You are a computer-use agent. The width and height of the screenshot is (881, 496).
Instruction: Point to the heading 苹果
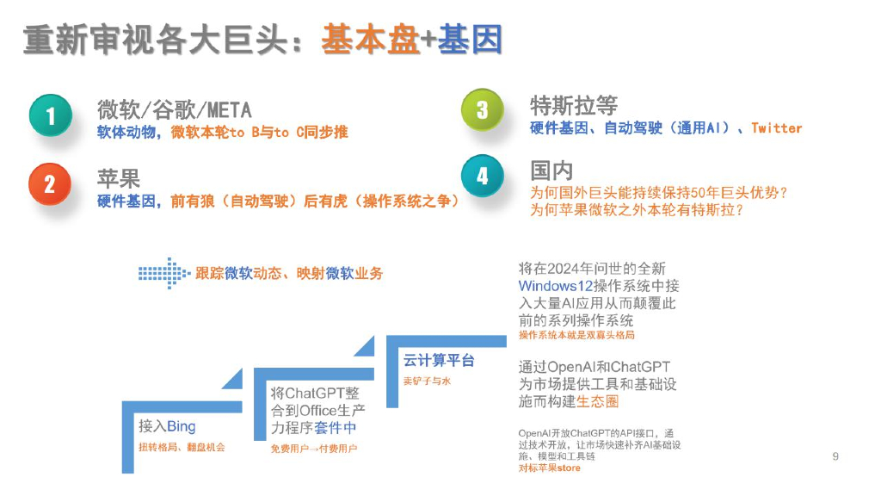pyautogui.click(x=118, y=178)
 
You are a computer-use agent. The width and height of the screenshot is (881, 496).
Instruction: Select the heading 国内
pyautogui.click(x=551, y=170)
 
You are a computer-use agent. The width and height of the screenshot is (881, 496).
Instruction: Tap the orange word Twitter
pyautogui.click(x=776, y=128)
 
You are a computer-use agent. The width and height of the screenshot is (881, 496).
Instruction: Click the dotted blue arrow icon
pyautogui.click(x=162, y=273)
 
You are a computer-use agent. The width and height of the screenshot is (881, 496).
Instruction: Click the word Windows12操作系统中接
pyautogui.click(x=599, y=286)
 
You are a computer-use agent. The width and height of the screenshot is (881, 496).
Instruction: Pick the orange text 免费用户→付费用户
pyautogui.click(x=314, y=449)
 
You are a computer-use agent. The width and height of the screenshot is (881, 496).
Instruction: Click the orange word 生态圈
pyautogui.click(x=598, y=401)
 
